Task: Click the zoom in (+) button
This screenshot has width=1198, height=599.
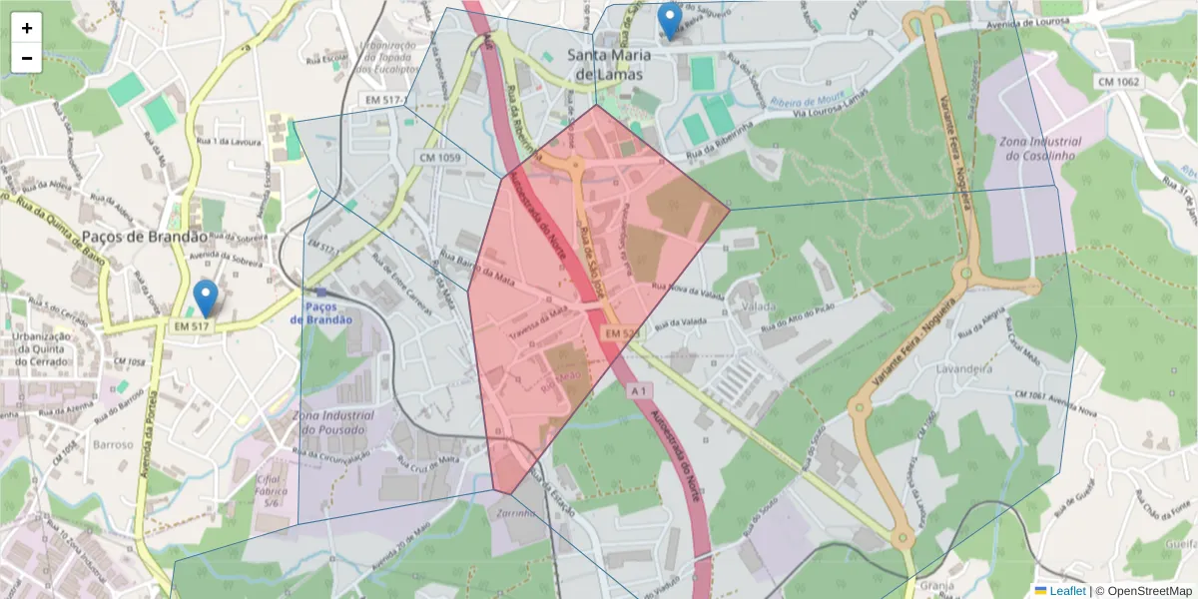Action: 27,28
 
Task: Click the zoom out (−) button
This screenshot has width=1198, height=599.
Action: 27,58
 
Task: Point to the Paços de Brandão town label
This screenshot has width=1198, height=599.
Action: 145,237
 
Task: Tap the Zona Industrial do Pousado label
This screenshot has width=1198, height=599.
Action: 333,422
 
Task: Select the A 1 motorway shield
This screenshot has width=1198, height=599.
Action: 640,392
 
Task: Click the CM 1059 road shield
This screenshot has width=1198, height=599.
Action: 439,158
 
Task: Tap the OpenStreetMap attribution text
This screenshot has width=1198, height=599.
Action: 1143,591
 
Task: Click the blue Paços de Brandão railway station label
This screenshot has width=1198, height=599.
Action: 321,312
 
